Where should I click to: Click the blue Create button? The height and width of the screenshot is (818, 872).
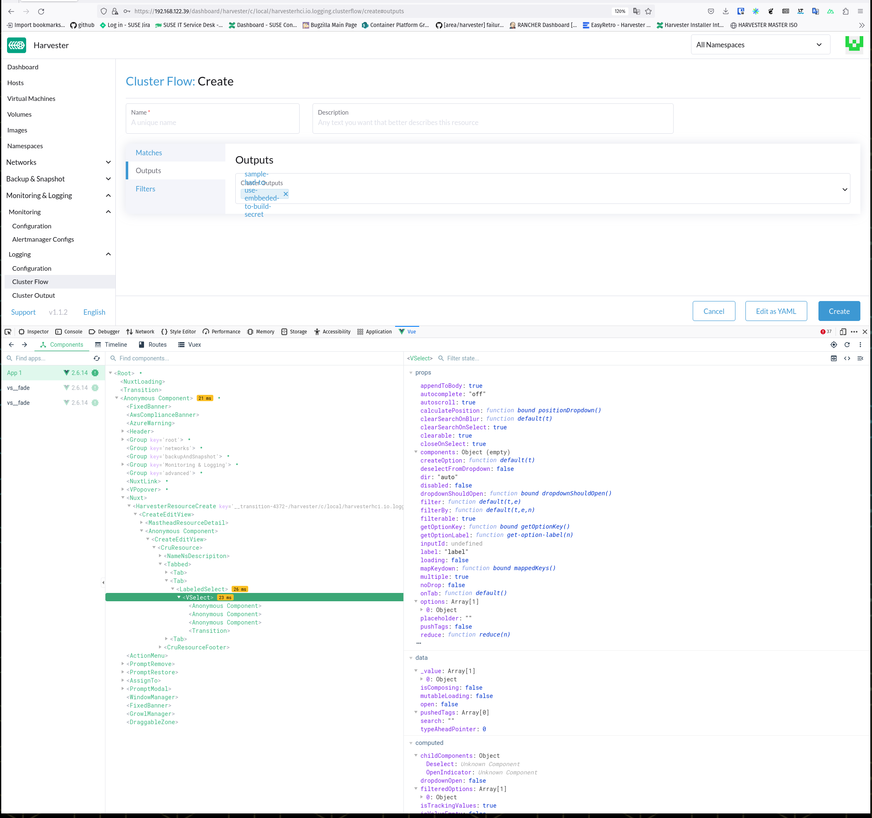839,311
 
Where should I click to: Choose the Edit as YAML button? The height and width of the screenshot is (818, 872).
775,311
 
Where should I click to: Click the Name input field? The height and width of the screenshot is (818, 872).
213,122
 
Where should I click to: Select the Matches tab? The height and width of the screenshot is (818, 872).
149,153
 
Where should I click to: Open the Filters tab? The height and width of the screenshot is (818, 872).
145,189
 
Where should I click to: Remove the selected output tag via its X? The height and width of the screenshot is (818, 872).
286,194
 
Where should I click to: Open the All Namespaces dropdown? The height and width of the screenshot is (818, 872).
760,45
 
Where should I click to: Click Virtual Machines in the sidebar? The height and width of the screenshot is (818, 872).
31,99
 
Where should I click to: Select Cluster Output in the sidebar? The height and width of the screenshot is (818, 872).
33,295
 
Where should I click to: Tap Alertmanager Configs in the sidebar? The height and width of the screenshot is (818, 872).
43,239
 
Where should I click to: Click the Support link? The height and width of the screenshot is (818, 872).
23,312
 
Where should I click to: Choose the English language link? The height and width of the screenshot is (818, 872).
94,312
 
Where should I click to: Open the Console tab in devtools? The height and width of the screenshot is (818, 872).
69,332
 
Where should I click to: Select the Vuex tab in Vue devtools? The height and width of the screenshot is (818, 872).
190,345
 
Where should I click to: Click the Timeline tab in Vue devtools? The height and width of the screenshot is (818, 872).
111,345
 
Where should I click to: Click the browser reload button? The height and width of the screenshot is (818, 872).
41,11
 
